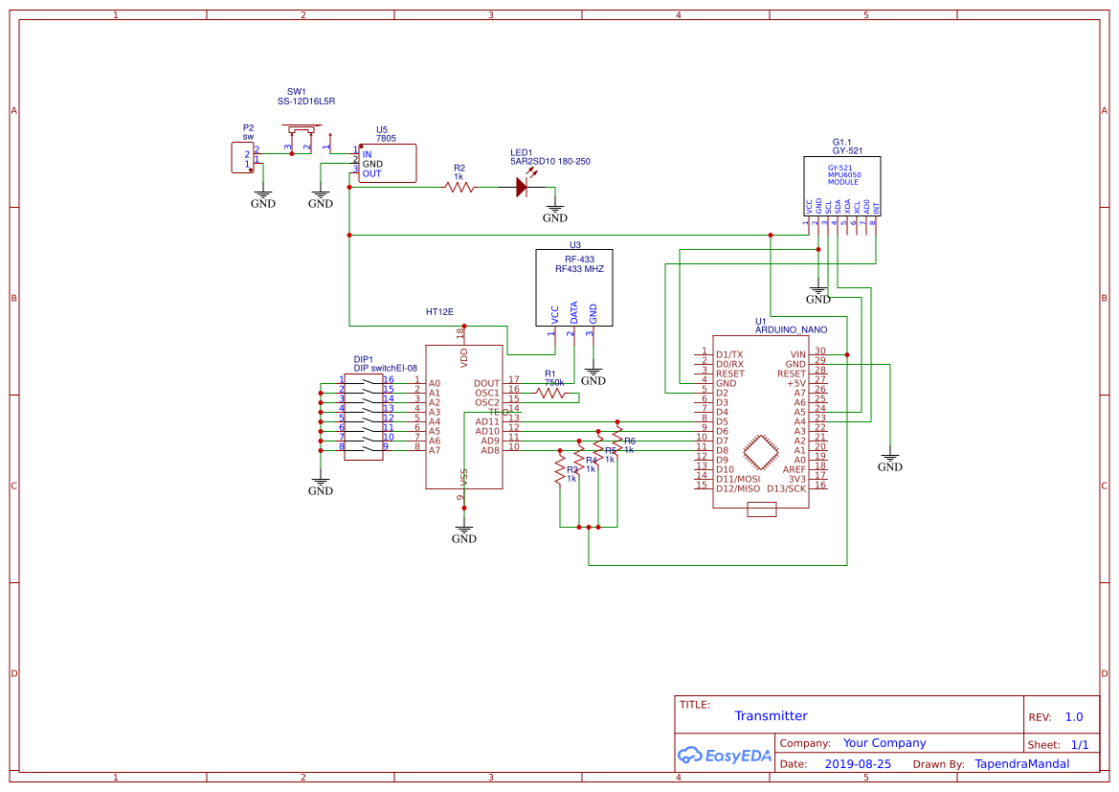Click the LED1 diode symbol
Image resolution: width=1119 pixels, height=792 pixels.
[522, 188]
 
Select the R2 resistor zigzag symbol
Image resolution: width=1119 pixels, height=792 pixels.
[459, 188]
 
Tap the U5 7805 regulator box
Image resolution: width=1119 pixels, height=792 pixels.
[388, 163]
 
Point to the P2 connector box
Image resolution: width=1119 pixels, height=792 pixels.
[243, 158]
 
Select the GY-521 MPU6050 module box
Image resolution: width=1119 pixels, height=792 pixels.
[841, 187]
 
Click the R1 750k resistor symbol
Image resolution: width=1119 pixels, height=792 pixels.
[550, 393]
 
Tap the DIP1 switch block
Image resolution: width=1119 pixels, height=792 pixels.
[364, 417]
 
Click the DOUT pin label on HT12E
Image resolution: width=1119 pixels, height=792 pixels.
[486, 383]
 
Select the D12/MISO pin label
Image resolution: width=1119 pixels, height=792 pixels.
[738, 488]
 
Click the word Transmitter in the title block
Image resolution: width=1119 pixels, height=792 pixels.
[771, 716]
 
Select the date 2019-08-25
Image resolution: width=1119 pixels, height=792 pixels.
[858, 764]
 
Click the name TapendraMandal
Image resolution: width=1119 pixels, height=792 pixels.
[1021, 764]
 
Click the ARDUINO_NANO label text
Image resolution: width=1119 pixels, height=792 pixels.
[791, 329]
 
